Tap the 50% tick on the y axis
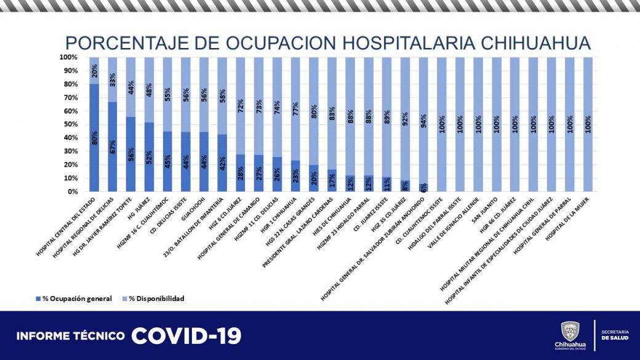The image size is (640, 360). [68, 124]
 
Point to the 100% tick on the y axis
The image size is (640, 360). [68, 57]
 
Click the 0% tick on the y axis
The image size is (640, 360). [71, 191]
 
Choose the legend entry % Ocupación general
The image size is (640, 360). [74, 298]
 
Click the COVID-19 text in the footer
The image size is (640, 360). [186, 335]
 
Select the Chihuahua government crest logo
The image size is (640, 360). [570, 331]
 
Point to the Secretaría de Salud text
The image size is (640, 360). [615, 335]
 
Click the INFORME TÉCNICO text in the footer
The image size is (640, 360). [71, 336]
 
